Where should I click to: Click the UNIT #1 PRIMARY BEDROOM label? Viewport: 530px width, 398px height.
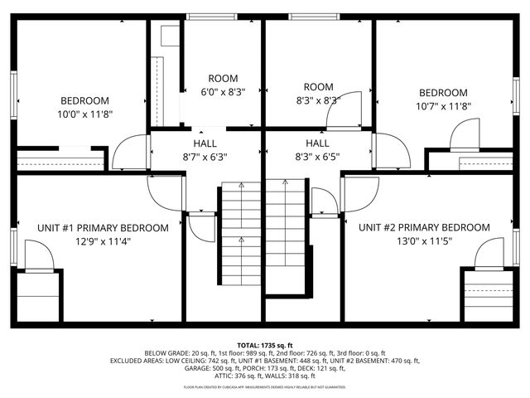coord(103,227)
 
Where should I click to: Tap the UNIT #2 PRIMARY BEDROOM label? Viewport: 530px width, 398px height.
coord(424,227)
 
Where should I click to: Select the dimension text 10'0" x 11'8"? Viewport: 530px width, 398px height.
coord(84,114)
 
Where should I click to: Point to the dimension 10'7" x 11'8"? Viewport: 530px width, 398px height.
coord(443,106)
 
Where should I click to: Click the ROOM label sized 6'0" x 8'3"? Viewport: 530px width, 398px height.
coord(223,78)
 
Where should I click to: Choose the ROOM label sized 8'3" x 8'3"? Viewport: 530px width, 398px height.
coord(318,87)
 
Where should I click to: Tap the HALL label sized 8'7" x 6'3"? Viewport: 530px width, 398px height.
coord(205,143)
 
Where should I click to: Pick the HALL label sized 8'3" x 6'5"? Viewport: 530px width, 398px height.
coord(317,143)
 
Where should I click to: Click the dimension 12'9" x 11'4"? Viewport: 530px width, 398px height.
coord(103,241)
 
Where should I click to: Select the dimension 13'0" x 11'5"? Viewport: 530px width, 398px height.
coord(424,241)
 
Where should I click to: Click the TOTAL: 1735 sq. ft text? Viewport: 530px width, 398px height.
coord(265,344)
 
